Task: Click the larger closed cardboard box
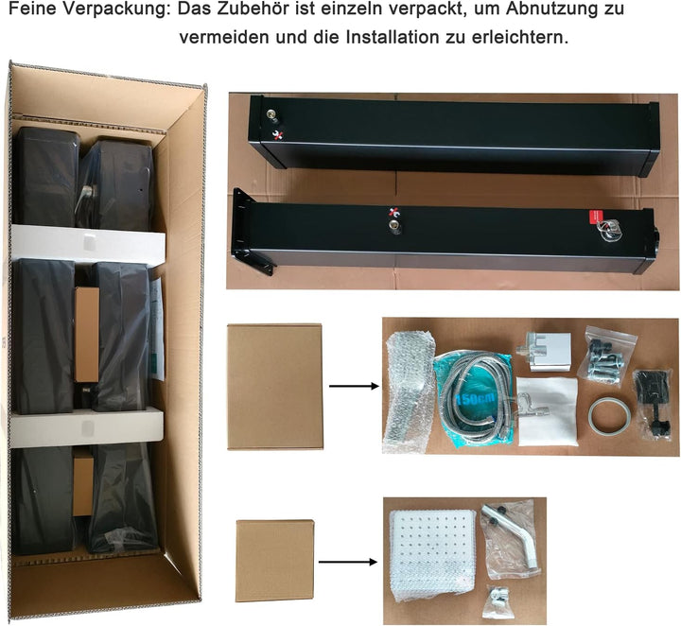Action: click(x=274, y=387)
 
